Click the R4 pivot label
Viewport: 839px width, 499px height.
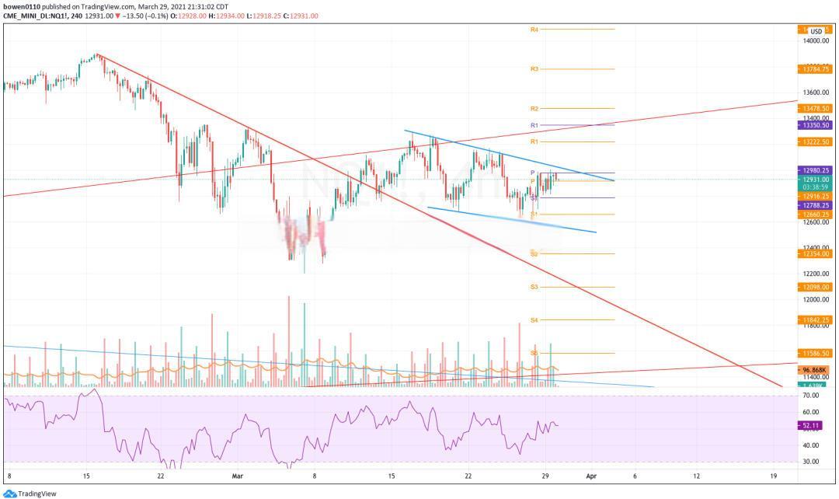534,30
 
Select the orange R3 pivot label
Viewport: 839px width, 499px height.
534,69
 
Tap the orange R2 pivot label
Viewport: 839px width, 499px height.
534,109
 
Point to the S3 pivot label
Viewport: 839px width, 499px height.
534,288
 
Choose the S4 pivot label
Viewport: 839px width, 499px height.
534,320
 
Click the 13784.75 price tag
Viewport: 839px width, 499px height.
816,69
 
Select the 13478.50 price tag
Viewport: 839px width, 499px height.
816,109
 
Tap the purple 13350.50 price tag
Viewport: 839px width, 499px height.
816,125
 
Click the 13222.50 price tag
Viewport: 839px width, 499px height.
816,141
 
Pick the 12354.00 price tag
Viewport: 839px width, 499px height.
816,253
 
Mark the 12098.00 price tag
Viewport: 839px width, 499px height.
816,287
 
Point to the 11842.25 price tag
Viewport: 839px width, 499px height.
816,319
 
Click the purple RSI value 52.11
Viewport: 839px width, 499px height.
809,425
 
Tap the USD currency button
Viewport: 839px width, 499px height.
816,31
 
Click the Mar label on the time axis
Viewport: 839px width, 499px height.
238,475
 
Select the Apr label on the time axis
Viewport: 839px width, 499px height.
591,475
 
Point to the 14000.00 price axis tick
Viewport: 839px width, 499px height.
814,41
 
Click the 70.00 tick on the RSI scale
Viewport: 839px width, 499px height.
810,396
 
